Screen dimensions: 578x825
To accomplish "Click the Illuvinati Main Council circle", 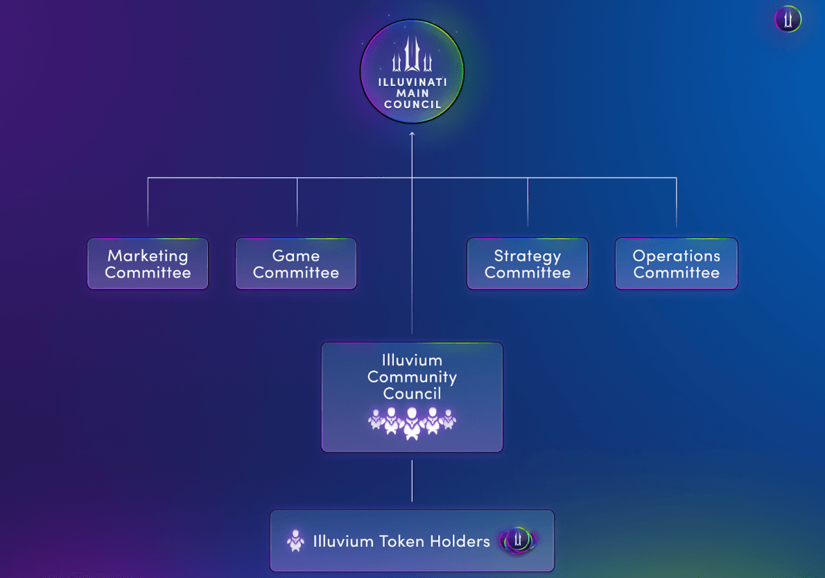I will (x=412, y=71).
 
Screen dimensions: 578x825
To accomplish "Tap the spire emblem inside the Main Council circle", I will (x=412, y=56).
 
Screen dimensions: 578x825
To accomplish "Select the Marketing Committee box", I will (x=148, y=264).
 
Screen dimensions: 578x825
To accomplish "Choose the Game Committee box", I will (x=296, y=264).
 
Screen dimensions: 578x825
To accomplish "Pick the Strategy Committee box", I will (x=528, y=264).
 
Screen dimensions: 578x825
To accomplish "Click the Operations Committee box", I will (x=676, y=264).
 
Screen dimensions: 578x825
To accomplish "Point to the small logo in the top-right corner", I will (x=788, y=19).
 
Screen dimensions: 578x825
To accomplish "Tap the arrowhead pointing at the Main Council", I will (x=412, y=134).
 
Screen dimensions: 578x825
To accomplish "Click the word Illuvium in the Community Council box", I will (x=412, y=360).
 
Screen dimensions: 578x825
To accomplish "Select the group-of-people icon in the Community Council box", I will (x=412, y=421).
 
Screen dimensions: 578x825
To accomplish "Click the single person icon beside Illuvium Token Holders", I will (x=296, y=541).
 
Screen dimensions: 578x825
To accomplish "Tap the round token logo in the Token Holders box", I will (x=517, y=541).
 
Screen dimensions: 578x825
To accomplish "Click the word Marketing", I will (x=148, y=255).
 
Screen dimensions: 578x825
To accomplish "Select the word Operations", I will (x=676, y=255).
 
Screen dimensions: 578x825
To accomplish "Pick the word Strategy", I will (x=528, y=255).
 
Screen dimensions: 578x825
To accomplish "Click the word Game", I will (x=296, y=255).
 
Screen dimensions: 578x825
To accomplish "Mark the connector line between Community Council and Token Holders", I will (x=412, y=480).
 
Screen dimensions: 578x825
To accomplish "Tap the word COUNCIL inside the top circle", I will (x=412, y=105).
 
